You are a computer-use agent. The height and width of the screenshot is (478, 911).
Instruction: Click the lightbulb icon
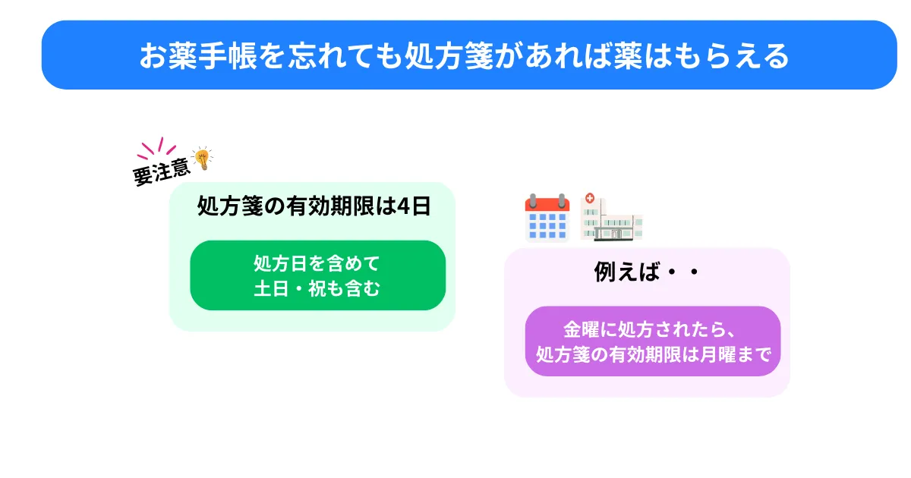point(203,159)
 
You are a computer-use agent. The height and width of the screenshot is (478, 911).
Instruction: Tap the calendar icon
point(547,218)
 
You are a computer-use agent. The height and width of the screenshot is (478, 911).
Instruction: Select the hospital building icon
point(611,217)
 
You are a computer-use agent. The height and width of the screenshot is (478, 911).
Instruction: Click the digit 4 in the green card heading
point(403,206)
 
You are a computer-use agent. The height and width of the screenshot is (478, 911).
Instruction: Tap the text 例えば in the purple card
point(627,272)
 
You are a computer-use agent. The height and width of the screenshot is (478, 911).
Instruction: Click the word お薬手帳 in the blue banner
point(198,55)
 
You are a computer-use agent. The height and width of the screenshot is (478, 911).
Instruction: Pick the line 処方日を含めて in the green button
point(317,263)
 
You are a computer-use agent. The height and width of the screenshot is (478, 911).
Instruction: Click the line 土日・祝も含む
point(317,288)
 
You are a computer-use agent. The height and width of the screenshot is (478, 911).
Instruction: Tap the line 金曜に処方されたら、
point(650,329)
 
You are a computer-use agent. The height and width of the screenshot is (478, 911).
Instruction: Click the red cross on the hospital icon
point(589,198)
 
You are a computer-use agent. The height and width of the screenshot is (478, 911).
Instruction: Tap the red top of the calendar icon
point(547,204)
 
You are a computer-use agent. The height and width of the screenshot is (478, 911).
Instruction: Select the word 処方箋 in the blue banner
point(449,55)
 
